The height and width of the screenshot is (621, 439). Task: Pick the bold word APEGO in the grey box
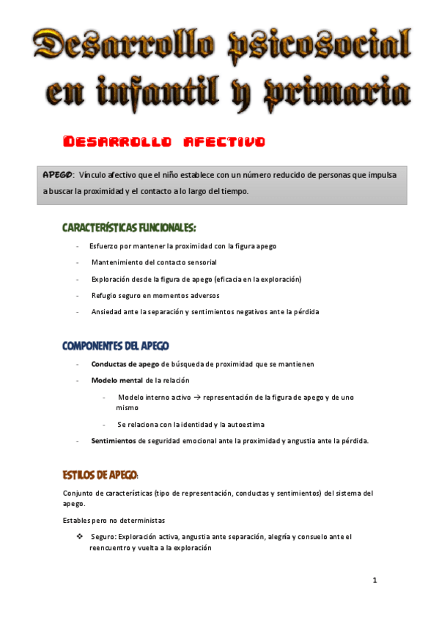[57, 175]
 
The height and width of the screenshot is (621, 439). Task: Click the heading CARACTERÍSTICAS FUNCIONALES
[129, 228]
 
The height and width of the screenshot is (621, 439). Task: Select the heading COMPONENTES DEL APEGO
[117, 345]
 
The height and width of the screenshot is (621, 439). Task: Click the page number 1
[375, 581]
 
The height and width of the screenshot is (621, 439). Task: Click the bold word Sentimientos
[114, 441]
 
